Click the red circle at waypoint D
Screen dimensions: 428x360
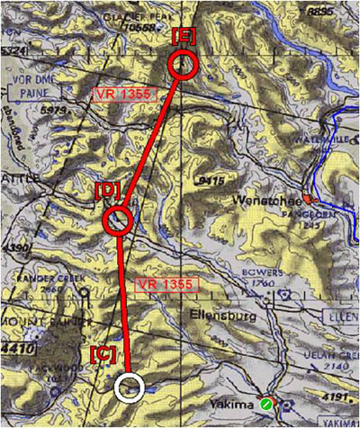(118, 219)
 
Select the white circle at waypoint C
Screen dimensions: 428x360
(130, 387)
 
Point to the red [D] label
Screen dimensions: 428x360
(107, 191)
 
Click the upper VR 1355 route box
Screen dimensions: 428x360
(123, 94)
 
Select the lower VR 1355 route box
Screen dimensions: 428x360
(165, 284)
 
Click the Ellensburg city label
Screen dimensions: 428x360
(218, 317)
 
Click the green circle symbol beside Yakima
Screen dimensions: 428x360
(265, 406)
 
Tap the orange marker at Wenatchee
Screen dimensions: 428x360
(308, 197)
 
